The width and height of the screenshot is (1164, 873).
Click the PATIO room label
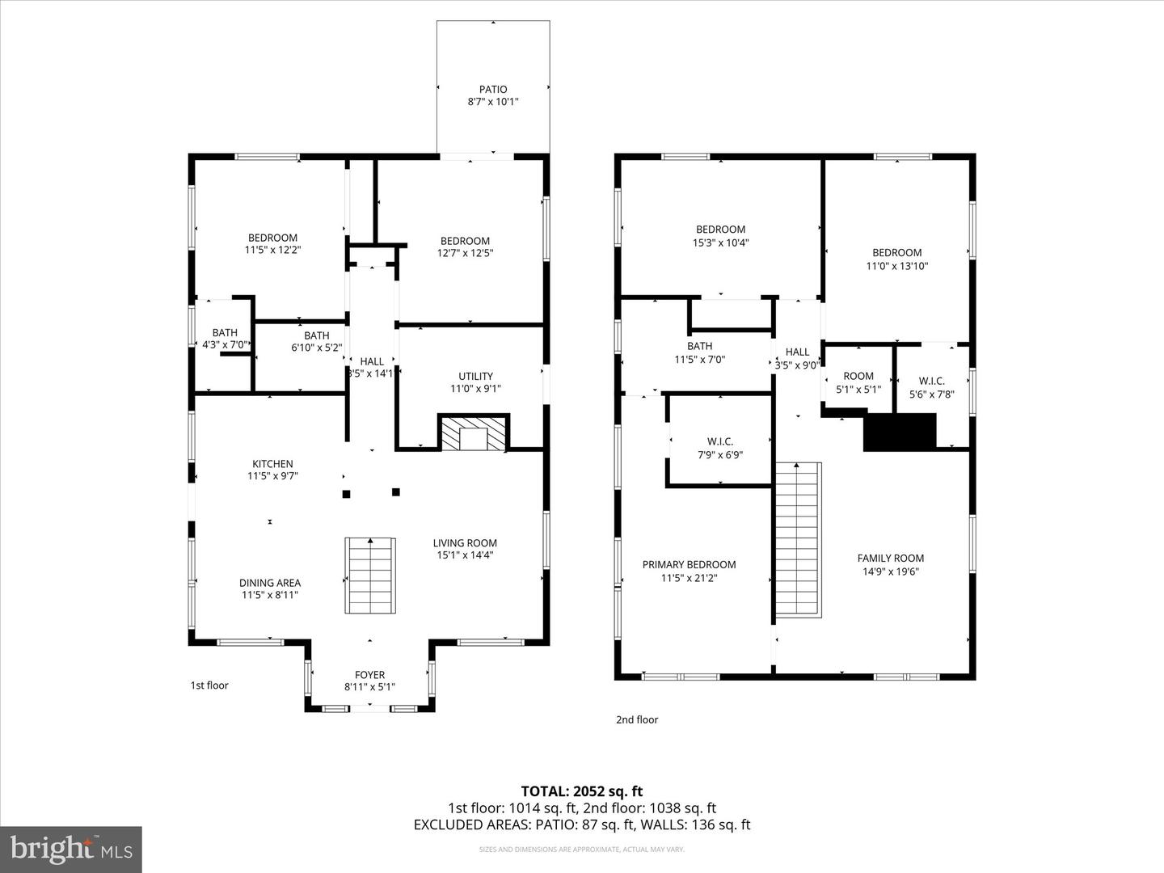pyautogui.click(x=492, y=90)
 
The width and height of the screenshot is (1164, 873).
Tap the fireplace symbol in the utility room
pyautogui.click(x=474, y=433)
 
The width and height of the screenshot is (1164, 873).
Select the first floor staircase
pyautogui.click(x=371, y=575)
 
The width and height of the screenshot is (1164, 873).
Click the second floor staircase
pyautogui.click(x=799, y=540)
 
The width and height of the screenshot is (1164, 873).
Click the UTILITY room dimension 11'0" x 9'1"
pyautogui.click(x=475, y=389)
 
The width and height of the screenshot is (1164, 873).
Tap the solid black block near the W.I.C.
pyautogui.click(x=900, y=432)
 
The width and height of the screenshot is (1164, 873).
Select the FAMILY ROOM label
pyautogui.click(x=890, y=558)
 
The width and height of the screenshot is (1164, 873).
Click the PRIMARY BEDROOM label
pyautogui.click(x=689, y=564)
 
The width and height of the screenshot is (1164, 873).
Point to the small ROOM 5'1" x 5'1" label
pyautogui.click(x=858, y=376)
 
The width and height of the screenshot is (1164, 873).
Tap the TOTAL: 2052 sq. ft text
pyautogui.click(x=581, y=791)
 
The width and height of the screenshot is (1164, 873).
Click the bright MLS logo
pyautogui.click(x=71, y=849)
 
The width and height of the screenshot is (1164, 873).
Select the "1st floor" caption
pyautogui.click(x=209, y=685)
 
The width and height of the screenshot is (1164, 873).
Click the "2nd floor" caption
pyautogui.click(x=637, y=719)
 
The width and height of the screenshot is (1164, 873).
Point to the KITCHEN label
pyautogui.click(x=272, y=464)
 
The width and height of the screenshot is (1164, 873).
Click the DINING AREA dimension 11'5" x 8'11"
pyautogui.click(x=270, y=595)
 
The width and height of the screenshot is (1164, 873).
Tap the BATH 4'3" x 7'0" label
pyautogui.click(x=225, y=332)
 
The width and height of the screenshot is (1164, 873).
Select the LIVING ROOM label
pyautogui.click(x=465, y=543)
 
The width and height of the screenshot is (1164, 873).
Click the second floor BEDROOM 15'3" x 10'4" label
pyautogui.click(x=720, y=230)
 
